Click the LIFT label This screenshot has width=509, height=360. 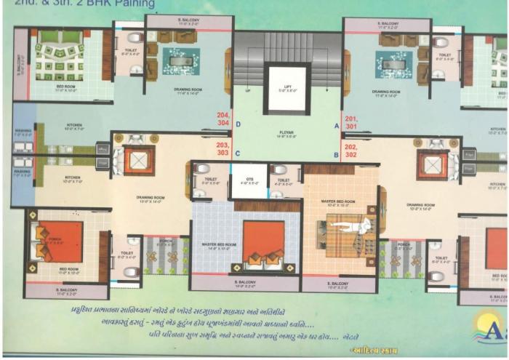(288, 87)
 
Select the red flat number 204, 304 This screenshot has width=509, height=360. (223, 119)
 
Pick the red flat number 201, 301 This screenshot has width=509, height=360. (352, 121)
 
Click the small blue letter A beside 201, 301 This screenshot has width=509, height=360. (336, 125)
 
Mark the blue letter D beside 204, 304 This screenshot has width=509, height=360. (239, 124)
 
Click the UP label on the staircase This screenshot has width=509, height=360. (248, 91)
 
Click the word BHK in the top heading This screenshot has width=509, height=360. (97, 3)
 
